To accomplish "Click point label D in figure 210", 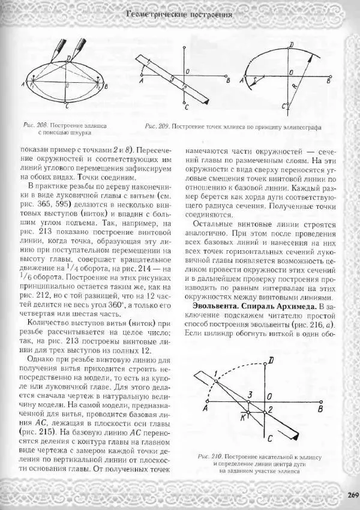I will [x=272, y=360].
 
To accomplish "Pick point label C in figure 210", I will [x=270, y=438].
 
